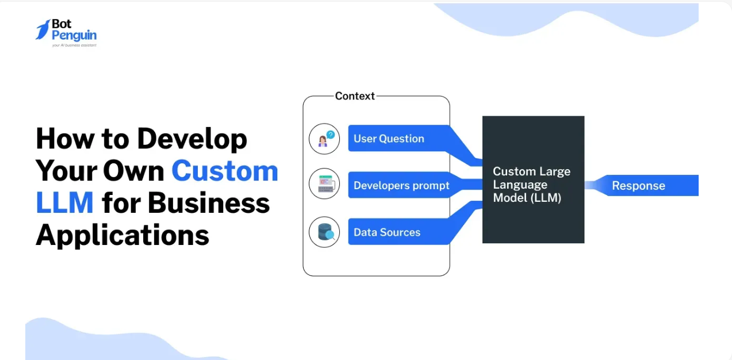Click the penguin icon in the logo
(43, 29)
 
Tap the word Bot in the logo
(62, 24)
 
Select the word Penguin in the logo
(74, 35)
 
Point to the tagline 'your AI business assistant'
(74, 45)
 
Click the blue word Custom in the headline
(225, 171)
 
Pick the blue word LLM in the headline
(65, 203)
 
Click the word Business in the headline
(209, 203)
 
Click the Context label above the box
(355, 96)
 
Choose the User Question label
(389, 139)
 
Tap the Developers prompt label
(401, 186)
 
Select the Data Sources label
(387, 232)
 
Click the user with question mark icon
(324, 139)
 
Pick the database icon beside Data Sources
(324, 232)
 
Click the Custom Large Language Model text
(532, 185)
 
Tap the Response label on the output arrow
(638, 186)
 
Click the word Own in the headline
(133, 171)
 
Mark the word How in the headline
(65, 139)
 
